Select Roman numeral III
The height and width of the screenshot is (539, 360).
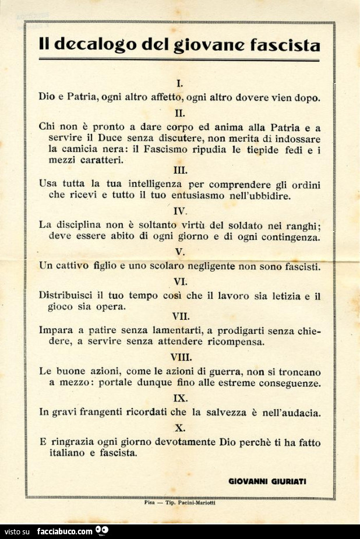click(180, 170)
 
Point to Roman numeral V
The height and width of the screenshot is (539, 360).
click(180, 252)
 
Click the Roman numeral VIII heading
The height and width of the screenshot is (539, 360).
click(181, 357)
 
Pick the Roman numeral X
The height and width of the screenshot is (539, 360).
click(180, 428)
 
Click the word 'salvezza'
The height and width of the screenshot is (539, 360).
click(228, 412)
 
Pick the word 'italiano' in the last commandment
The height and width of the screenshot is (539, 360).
click(68, 452)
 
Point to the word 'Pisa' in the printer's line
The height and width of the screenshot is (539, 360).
click(149, 502)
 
